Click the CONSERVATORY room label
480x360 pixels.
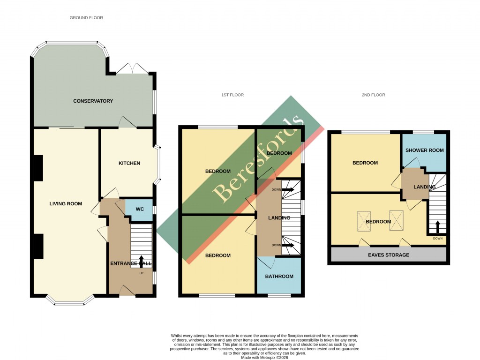[x=92, y=101]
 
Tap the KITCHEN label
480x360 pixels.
[x=129, y=163]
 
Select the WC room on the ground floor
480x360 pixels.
[x=139, y=209]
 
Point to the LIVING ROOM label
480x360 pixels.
[x=66, y=203]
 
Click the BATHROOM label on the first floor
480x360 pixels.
[x=279, y=276]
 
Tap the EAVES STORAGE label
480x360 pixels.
[x=388, y=255]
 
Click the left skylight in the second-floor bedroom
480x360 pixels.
[x=364, y=221]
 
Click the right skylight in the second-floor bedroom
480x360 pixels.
[x=397, y=220]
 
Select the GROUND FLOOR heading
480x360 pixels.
[x=86, y=18]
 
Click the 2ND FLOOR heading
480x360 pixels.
[x=373, y=95]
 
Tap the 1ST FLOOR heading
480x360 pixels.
[x=232, y=95]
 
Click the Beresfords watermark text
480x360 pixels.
[x=256, y=159]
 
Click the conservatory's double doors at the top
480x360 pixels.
[x=132, y=68]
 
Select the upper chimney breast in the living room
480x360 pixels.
[x=37, y=168]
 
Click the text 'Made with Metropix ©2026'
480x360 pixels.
[x=265, y=357]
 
